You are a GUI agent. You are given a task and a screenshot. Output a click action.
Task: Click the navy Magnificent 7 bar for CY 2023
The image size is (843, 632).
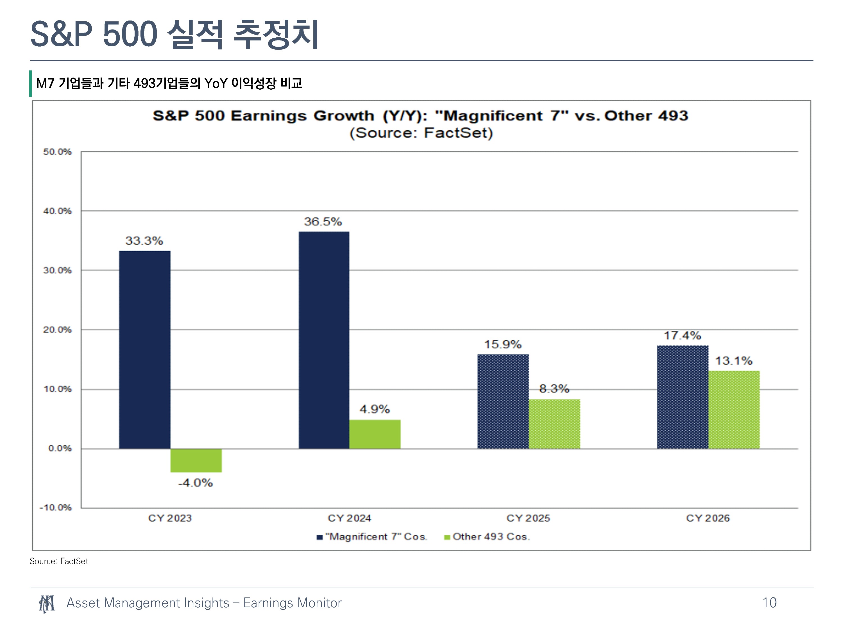point(144,350)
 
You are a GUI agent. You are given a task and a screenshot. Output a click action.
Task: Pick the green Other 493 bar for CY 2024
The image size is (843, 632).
point(375,434)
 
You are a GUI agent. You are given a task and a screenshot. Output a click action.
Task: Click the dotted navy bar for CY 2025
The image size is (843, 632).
point(503,401)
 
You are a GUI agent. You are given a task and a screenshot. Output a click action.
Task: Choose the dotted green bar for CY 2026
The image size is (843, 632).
point(734,410)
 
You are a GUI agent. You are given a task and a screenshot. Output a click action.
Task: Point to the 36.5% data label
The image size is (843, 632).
point(323,222)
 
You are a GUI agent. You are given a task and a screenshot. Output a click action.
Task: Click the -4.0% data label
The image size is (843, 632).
point(196,483)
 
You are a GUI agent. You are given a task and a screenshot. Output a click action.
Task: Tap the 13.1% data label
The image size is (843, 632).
point(734,361)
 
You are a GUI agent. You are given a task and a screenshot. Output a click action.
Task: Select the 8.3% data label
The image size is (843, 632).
point(554,389)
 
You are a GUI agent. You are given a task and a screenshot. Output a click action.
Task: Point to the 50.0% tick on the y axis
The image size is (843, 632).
point(57,152)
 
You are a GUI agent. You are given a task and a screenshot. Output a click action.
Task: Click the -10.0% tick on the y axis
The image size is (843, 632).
point(56,508)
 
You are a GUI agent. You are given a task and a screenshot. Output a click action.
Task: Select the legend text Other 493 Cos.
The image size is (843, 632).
point(491,537)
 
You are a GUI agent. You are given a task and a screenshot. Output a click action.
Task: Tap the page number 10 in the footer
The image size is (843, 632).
point(769,603)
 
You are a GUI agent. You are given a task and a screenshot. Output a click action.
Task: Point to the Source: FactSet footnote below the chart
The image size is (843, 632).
point(59,561)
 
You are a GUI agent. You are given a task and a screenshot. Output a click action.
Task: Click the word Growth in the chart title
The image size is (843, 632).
point(344,116)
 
